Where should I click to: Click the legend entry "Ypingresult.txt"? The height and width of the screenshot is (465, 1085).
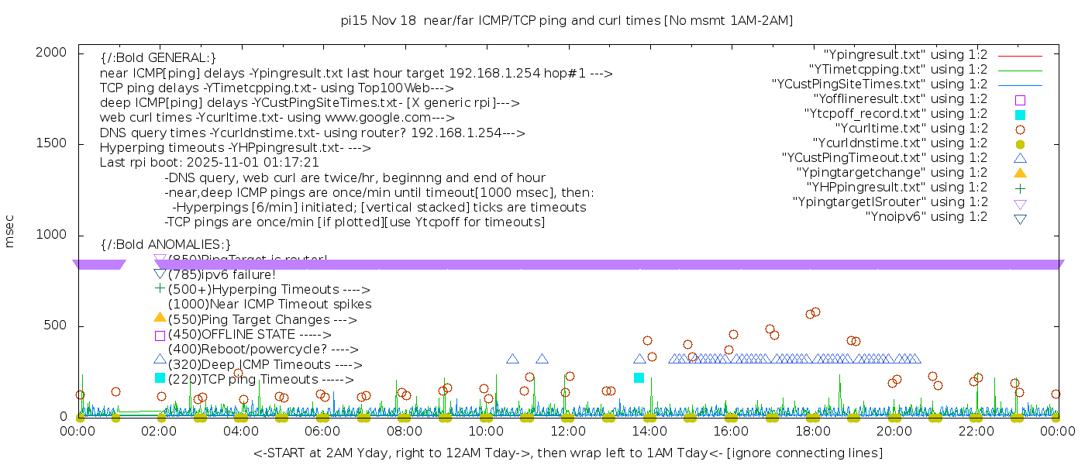pyautogui.click(x=905, y=55)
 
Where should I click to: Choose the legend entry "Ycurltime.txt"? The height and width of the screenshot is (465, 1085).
pyautogui.click(x=911, y=129)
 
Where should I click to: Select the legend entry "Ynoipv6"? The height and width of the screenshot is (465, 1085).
pyautogui.click(x=926, y=217)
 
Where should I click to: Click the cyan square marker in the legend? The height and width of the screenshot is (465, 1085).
pyautogui.click(x=1020, y=115)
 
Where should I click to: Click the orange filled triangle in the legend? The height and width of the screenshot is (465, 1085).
pyautogui.click(x=1020, y=172)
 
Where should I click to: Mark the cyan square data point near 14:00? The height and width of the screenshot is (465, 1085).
pyautogui.click(x=639, y=377)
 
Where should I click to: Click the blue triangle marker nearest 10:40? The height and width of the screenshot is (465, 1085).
pyautogui.click(x=512, y=359)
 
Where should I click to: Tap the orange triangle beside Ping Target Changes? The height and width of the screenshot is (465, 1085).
pyautogui.click(x=160, y=317)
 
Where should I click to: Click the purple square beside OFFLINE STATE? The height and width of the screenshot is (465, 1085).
pyautogui.click(x=160, y=336)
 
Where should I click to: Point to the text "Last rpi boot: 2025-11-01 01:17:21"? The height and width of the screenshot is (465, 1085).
pyautogui.click(x=209, y=163)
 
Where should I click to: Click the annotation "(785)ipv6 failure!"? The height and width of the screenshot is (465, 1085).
pyautogui.click(x=222, y=274)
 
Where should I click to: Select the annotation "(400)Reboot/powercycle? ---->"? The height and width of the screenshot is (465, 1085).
pyautogui.click(x=263, y=350)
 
